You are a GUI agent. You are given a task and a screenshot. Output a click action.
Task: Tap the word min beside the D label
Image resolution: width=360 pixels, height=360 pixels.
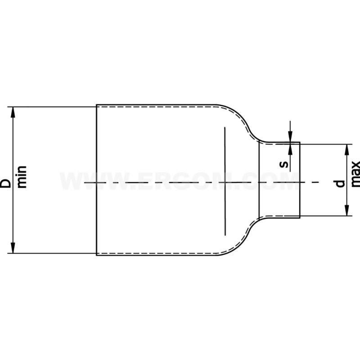[22, 177]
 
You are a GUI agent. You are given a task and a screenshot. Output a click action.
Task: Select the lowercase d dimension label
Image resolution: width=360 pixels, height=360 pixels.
[340, 183]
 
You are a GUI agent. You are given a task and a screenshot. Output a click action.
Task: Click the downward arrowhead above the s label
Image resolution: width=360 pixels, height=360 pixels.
[290, 139]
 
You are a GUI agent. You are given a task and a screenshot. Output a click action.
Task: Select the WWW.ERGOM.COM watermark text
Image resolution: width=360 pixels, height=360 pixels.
[180, 182]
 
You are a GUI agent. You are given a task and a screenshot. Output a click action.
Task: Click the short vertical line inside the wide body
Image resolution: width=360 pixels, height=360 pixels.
[225, 180]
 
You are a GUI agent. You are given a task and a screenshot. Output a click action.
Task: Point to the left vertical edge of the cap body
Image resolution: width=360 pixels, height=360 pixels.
[96, 180]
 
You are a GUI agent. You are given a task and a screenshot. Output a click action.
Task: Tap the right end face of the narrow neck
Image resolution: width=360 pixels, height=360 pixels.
[300, 180]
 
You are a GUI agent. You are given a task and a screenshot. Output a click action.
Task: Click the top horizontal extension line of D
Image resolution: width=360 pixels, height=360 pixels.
[54, 107]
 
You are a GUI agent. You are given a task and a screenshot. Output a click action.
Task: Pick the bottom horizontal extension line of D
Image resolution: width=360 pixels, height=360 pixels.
[54, 254]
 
